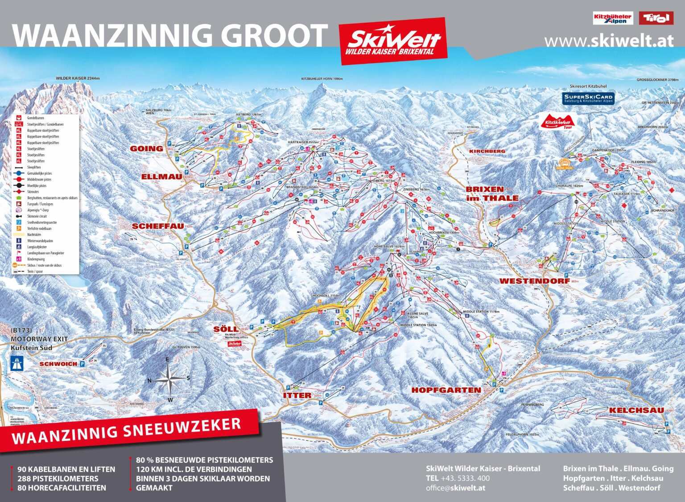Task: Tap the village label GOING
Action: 146,148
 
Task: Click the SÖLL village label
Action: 226,329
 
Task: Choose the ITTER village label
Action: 297,395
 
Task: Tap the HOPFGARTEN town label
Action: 446,390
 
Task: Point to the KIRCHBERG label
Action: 487,151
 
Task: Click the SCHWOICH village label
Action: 58,364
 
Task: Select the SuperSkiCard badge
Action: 588,99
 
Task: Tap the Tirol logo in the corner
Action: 656,18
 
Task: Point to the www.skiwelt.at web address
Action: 608,41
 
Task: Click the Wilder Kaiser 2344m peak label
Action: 78,78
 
